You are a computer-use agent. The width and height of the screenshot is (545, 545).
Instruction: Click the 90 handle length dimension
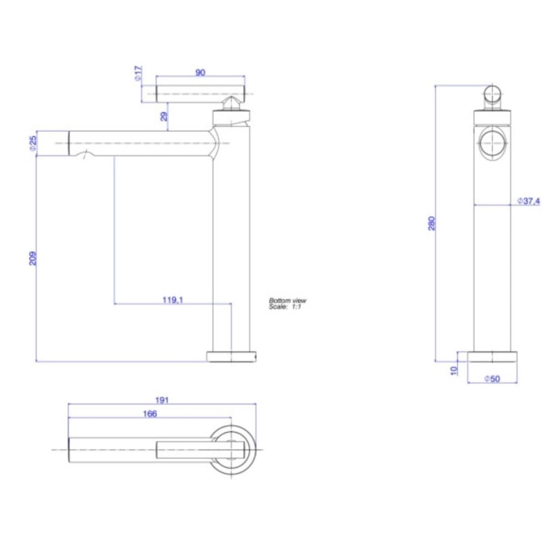[200, 73]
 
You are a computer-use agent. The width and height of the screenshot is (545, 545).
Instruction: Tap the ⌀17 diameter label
[137, 74]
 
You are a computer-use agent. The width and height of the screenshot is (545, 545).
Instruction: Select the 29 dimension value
[164, 116]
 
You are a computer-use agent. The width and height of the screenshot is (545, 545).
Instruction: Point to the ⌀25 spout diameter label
[33, 144]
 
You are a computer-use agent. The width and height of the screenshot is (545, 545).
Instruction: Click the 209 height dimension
[33, 257]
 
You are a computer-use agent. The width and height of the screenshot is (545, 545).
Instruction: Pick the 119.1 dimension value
[172, 298]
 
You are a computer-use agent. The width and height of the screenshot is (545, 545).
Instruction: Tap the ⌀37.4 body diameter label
[529, 201]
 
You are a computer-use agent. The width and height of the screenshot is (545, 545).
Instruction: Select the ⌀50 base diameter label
[492, 378]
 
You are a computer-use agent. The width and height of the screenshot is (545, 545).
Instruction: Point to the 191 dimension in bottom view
[163, 399]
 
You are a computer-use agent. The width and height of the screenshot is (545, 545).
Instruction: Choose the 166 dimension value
[150, 413]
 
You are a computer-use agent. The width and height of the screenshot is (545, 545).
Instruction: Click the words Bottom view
[287, 301]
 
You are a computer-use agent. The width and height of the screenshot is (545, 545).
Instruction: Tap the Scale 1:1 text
[284, 308]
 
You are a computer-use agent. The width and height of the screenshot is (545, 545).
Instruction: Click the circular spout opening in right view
[492, 143]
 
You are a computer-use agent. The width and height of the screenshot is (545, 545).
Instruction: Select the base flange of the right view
[492, 357]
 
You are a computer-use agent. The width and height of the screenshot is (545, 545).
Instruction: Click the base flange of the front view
[230, 357]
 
